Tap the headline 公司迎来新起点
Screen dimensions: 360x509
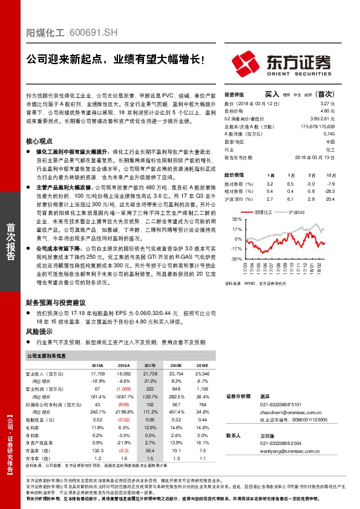coord(66,60)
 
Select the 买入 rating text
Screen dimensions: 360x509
coord(272,94)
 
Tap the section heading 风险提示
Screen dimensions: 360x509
coord(39,332)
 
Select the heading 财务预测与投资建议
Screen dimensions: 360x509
coord(56,302)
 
